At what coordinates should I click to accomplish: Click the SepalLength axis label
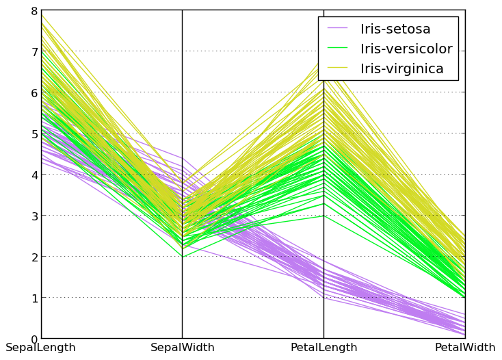click(x=40, y=348)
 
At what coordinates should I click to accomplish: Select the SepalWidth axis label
click(x=182, y=348)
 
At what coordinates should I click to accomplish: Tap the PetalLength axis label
click(x=323, y=348)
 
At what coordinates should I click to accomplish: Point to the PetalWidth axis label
click(x=465, y=348)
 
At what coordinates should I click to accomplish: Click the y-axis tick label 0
click(x=34, y=339)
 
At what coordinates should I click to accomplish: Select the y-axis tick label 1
click(x=34, y=298)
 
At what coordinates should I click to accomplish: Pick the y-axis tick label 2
click(x=34, y=257)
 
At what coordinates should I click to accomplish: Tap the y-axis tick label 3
click(x=34, y=216)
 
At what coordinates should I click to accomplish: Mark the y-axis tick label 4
click(x=34, y=175)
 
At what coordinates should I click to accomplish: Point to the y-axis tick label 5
click(x=34, y=133)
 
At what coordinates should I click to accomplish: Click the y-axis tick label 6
click(x=34, y=92)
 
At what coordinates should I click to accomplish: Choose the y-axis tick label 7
click(x=34, y=51)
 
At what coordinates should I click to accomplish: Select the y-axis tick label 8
click(x=34, y=11)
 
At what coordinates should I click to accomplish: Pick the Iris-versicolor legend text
click(x=406, y=49)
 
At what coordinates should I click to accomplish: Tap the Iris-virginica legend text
click(x=402, y=69)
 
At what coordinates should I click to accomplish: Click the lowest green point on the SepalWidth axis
click(x=182, y=257)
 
